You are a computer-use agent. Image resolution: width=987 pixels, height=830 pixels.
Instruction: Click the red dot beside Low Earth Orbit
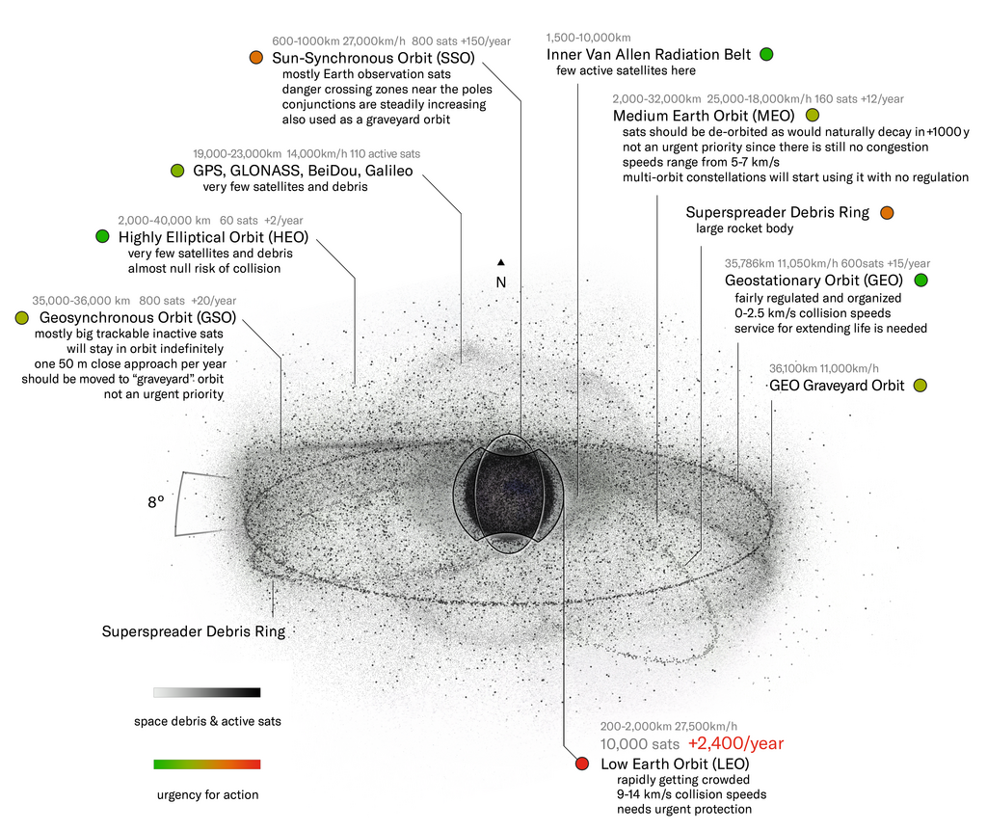click(x=582, y=763)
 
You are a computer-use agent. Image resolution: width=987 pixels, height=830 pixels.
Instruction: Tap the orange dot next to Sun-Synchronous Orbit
click(x=255, y=57)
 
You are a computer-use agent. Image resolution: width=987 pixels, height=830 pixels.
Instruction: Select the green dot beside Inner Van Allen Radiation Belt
click(x=766, y=54)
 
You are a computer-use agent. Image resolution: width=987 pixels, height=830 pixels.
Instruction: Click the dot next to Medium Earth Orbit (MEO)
click(x=813, y=116)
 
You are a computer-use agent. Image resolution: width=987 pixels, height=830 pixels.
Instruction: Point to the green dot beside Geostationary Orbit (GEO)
click(x=920, y=281)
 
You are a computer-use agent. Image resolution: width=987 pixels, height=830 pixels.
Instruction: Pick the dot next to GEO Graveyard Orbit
click(x=920, y=386)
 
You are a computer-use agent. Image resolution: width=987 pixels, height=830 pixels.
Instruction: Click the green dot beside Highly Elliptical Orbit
click(x=102, y=236)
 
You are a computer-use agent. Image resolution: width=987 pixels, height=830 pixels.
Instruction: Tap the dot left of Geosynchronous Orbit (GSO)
click(x=22, y=317)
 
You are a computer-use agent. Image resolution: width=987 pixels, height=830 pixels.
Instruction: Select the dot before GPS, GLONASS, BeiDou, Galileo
click(x=177, y=170)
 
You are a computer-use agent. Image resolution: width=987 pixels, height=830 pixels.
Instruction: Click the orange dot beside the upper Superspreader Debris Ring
click(x=887, y=213)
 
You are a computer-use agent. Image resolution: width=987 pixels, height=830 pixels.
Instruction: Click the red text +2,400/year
click(x=735, y=744)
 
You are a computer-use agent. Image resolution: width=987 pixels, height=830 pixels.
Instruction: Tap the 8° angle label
click(x=156, y=502)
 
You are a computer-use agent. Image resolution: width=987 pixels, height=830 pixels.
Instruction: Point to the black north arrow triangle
click(x=501, y=262)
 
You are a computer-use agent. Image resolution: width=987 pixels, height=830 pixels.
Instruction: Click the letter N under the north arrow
click(x=501, y=282)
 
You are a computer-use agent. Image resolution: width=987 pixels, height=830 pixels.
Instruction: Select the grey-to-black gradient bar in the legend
click(x=207, y=692)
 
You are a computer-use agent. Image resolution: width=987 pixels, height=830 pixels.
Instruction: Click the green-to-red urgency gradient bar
click(x=207, y=763)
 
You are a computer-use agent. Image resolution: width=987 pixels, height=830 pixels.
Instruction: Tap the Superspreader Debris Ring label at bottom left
click(x=194, y=631)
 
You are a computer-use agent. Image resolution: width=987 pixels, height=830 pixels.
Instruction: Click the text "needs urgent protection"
click(x=684, y=809)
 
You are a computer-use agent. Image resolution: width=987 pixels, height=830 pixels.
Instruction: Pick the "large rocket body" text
click(x=745, y=228)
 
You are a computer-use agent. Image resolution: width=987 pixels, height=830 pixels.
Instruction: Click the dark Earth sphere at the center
click(x=510, y=495)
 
